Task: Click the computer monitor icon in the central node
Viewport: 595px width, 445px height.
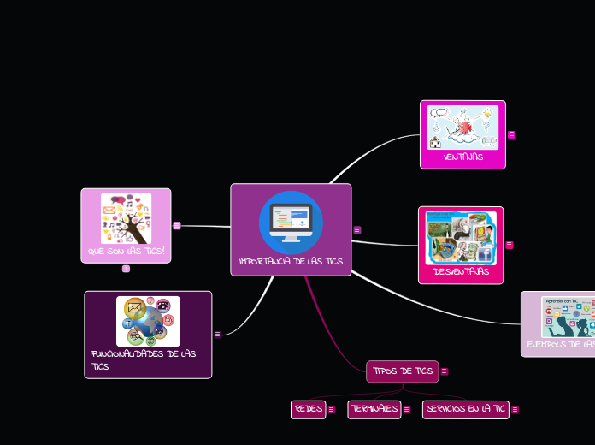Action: point(291,222)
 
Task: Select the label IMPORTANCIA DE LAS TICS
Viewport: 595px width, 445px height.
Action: point(291,261)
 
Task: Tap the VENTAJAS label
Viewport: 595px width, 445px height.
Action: point(462,157)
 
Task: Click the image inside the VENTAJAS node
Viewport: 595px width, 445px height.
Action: point(462,128)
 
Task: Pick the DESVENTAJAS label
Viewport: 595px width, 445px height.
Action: point(461,271)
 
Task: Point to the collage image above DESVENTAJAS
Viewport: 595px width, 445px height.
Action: point(461,238)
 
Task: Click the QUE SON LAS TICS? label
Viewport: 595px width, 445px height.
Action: point(126,252)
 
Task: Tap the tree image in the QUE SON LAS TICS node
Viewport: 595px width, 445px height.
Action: point(126,218)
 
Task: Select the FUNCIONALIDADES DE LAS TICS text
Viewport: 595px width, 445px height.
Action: point(144,359)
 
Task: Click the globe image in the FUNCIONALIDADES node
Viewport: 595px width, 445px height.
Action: point(148,321)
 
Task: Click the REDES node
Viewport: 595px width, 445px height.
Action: point(309,409)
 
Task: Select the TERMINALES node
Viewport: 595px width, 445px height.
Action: point(374,409)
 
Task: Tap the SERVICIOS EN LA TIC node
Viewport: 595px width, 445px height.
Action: point(465,409)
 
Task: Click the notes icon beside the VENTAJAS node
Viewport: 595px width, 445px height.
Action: point(512,134)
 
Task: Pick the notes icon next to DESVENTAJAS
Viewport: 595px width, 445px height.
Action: point(510,245)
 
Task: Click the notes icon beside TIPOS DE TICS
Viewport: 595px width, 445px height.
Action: point(445,371)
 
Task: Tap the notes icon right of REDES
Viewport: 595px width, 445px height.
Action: point(332,410)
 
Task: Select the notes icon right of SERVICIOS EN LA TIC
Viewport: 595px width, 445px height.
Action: point(515,410)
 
